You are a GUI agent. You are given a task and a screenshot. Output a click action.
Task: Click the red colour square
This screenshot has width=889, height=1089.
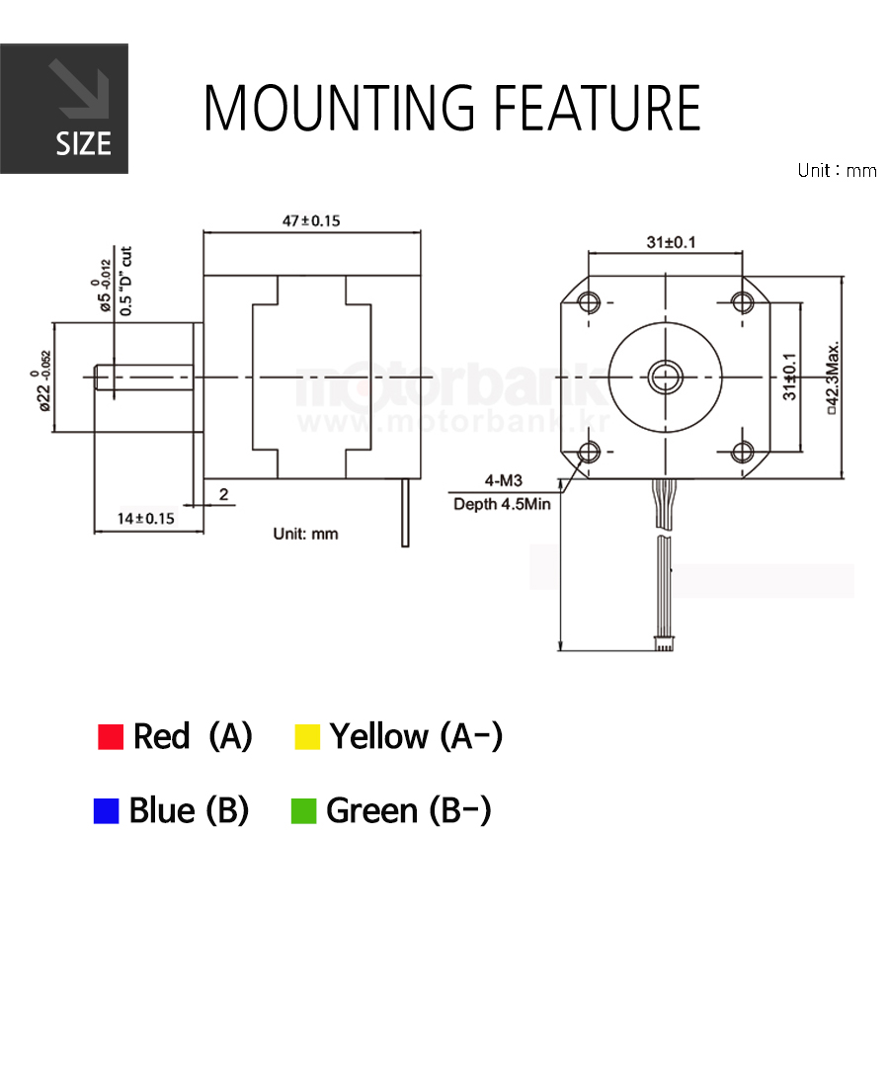111,737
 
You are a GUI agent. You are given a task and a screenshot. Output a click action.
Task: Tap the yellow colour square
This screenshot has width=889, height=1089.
307,737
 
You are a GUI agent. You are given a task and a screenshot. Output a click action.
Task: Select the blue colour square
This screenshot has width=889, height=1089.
106,811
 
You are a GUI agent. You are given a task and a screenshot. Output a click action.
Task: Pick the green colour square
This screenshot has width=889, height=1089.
303,811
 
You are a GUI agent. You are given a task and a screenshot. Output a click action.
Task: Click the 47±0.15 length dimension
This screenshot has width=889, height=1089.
311,220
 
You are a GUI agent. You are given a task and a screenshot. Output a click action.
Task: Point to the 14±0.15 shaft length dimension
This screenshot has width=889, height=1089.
146,518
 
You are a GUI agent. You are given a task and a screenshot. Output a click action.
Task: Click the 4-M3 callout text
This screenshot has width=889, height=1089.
503,480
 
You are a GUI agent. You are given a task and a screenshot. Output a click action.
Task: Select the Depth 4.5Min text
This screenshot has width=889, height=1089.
502,504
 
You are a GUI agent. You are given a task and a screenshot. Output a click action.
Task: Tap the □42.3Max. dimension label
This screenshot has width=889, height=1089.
833,377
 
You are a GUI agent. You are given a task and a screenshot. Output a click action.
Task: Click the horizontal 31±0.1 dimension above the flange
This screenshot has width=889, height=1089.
671,242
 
